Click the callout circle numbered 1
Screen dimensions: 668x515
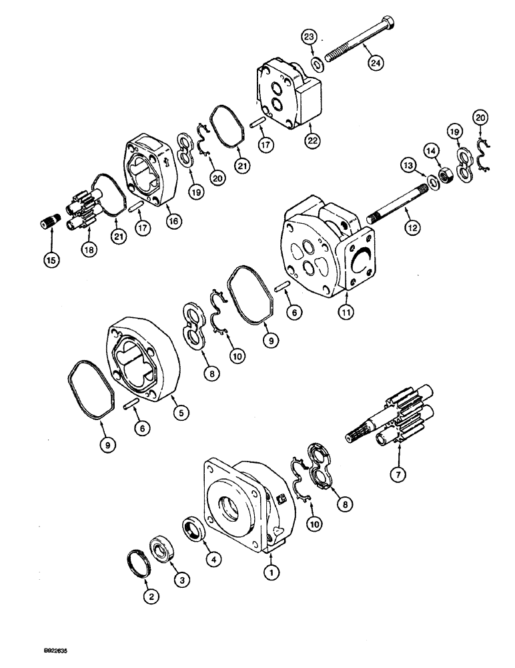271,572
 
